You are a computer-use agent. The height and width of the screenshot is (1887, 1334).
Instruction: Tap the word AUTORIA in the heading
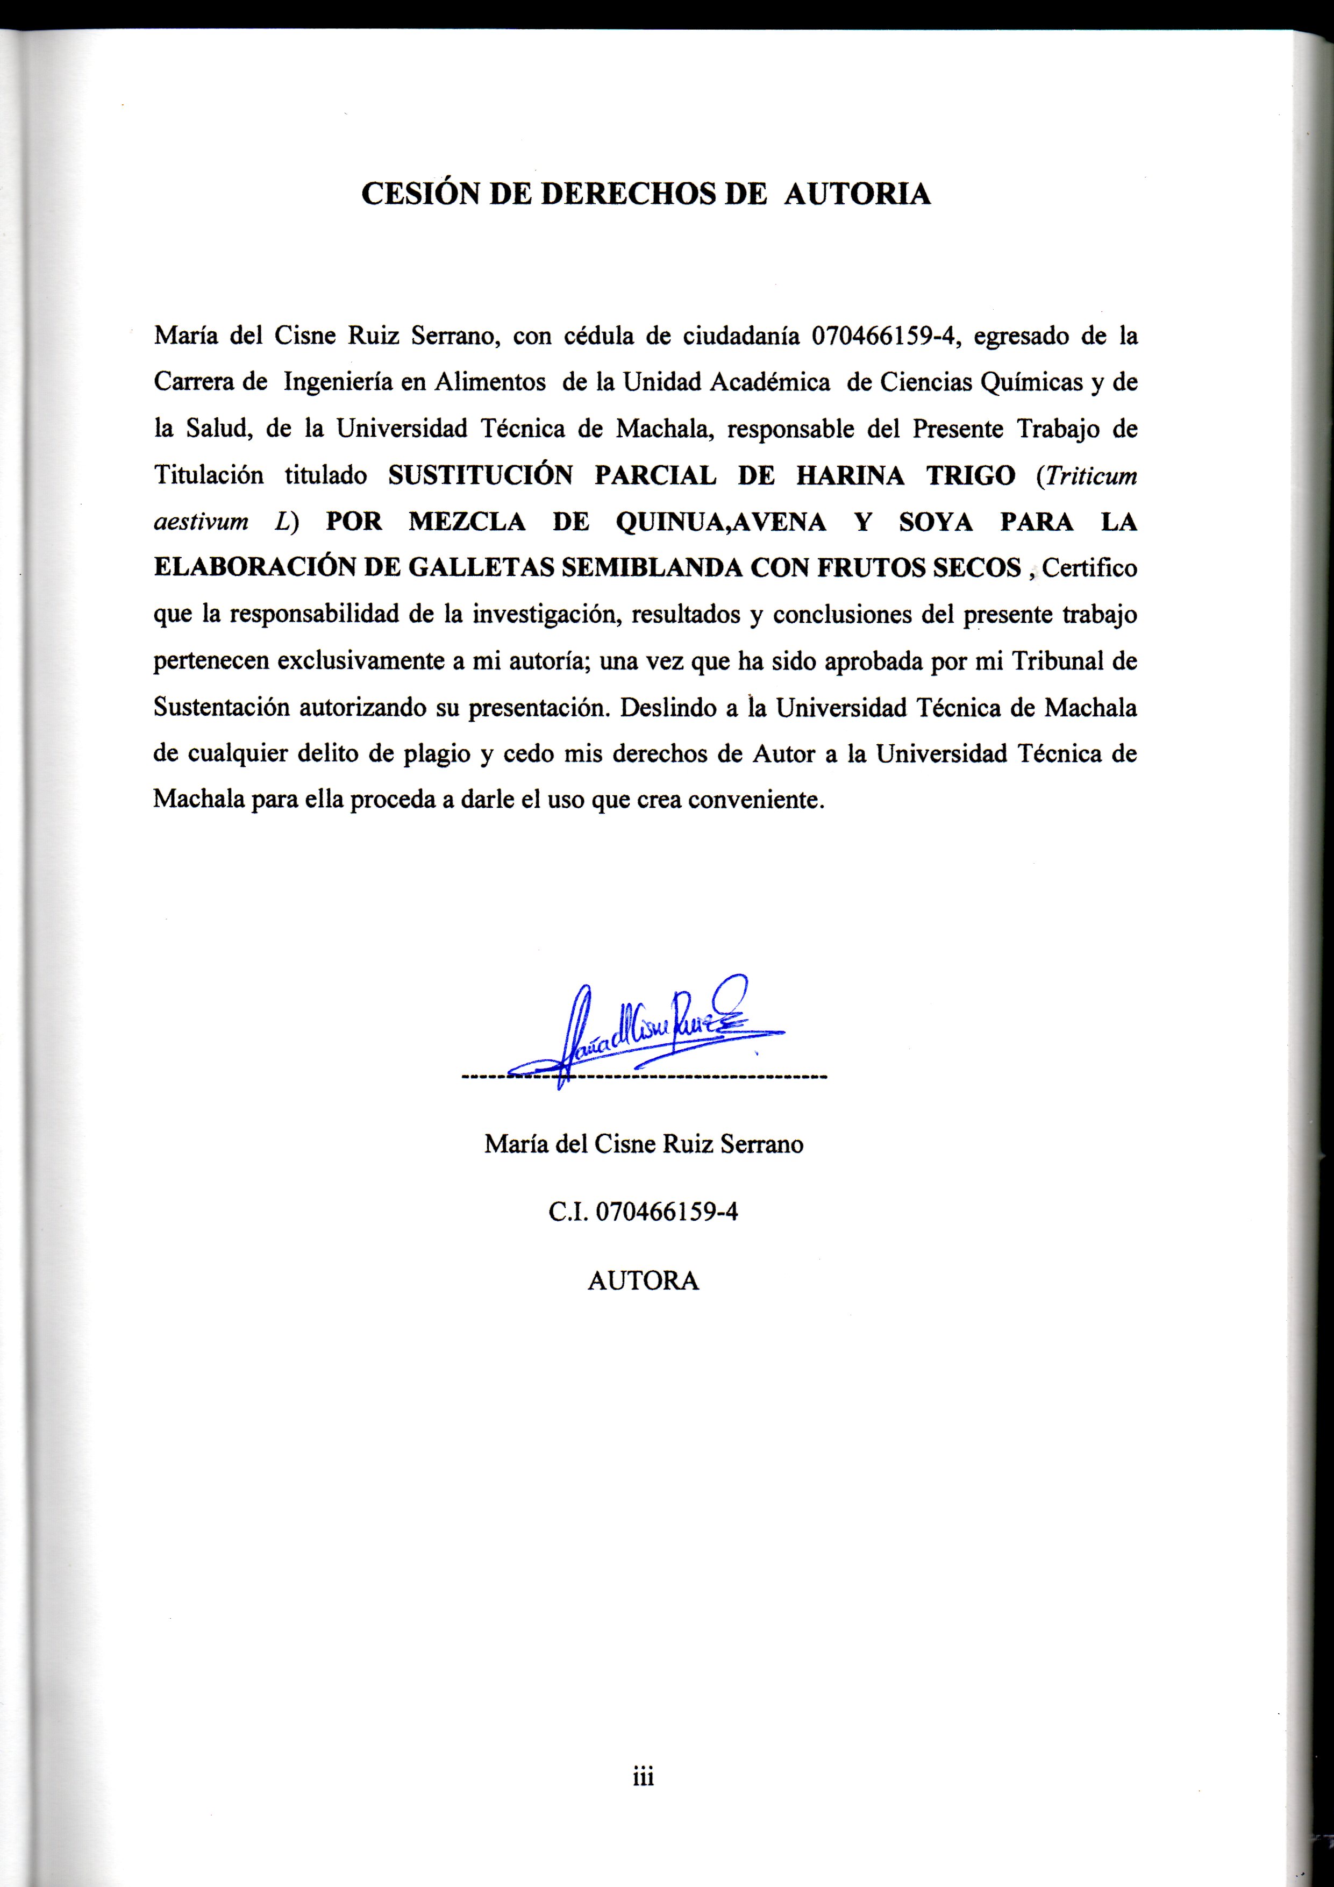(857, 194)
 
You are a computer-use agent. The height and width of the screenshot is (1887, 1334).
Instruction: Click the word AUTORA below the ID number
(643, 1281)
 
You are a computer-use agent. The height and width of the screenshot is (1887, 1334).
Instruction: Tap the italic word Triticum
(1087, 476)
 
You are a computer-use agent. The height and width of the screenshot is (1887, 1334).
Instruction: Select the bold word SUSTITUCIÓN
(480, 476)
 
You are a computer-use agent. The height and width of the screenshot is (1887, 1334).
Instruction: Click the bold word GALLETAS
(474, 569)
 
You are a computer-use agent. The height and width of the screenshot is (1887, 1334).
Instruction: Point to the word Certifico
(1089, 569)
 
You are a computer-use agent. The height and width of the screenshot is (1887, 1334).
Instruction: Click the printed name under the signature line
(643, 1144)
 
